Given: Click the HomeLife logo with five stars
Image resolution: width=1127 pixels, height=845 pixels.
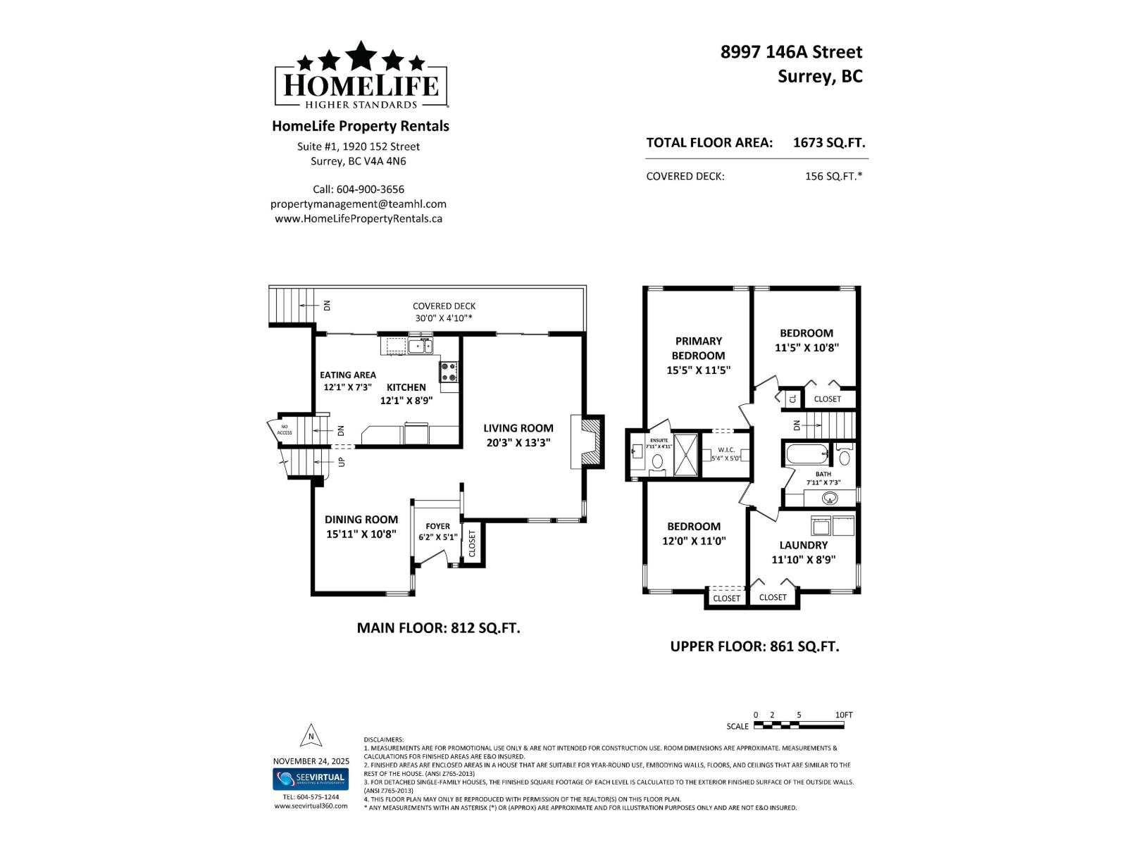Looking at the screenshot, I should [361, 76].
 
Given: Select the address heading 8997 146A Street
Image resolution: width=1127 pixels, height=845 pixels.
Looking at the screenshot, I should [791, 51].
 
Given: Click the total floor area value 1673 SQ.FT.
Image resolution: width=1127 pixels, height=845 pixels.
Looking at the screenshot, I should [829, 142].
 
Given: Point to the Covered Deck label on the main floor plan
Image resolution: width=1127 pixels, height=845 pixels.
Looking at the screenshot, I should [444, 306].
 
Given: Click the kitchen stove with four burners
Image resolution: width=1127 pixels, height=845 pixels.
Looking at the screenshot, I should [449, 371].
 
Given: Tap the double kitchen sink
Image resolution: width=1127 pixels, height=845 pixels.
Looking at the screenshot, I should [421, 345].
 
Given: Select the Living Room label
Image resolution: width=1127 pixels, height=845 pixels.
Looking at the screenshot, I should [518, 427].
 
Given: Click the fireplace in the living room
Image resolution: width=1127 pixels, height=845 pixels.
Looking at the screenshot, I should [588, 442].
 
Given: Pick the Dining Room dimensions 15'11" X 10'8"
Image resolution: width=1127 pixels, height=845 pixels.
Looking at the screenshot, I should [361, 534].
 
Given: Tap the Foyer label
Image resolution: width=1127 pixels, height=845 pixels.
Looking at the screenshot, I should [437, 526].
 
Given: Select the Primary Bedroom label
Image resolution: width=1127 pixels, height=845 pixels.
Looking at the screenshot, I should [698, 348].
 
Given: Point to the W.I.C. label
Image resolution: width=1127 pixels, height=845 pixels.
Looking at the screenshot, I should [726, 449].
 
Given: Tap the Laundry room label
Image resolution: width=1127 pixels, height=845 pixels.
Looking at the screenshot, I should [803, 545].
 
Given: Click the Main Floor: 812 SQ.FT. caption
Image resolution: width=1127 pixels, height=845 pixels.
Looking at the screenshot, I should [438, 627].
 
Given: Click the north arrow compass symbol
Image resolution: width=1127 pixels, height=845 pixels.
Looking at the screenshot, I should [311, 736].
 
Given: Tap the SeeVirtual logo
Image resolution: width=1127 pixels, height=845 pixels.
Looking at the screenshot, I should [311, 779].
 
